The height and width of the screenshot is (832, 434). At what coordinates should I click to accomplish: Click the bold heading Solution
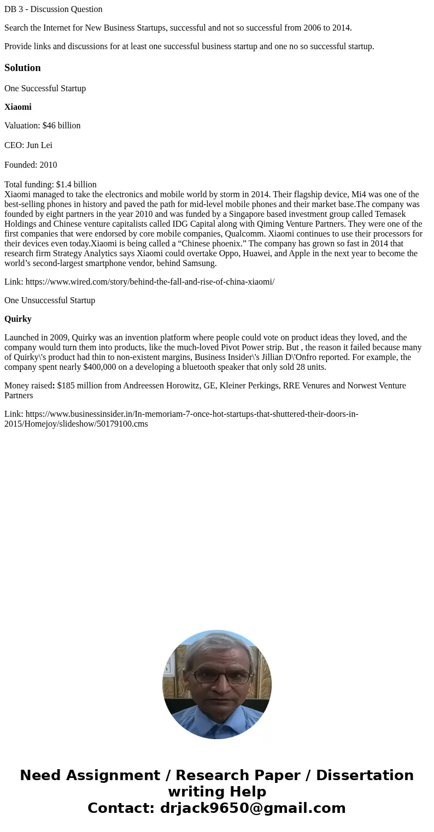tap(22, 68)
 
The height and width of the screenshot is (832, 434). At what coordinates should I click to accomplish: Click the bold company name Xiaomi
tap(18, 107)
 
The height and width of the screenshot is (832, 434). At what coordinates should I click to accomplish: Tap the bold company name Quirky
tap(18, 319)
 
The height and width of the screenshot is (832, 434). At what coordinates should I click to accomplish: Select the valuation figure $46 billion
tap(61, 126)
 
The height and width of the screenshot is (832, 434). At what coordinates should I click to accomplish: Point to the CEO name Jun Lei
tap(39, 145)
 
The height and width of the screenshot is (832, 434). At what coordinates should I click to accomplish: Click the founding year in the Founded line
tap(48, 165)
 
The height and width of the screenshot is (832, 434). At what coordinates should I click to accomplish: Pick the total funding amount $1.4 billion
tap(76, 185)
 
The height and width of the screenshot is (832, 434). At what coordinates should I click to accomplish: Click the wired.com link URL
tap(150, 282)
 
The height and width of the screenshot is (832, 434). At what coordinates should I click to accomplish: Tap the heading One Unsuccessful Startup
tap(50, 300)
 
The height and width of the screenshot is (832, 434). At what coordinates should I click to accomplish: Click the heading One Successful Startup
tap(45, 88)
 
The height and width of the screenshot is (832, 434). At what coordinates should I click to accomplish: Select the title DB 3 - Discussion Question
tap(53, 9)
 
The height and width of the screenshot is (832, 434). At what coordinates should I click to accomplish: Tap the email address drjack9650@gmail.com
tap(253, 808)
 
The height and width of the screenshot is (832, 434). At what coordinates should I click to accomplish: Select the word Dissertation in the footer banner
tap(365, 775)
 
